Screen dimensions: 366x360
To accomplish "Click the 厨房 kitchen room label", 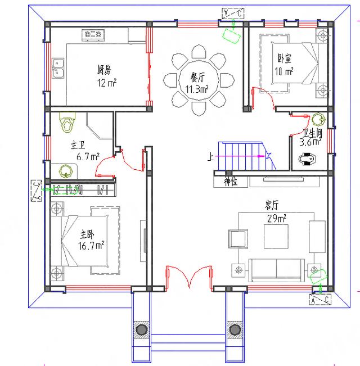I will point(104,70).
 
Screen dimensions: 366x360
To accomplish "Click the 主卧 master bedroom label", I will point(87,234).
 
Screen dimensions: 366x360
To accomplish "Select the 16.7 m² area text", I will point(91,246).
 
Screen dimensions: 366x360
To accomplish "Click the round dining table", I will point(197,83).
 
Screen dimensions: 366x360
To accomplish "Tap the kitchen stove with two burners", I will point(93,35).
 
